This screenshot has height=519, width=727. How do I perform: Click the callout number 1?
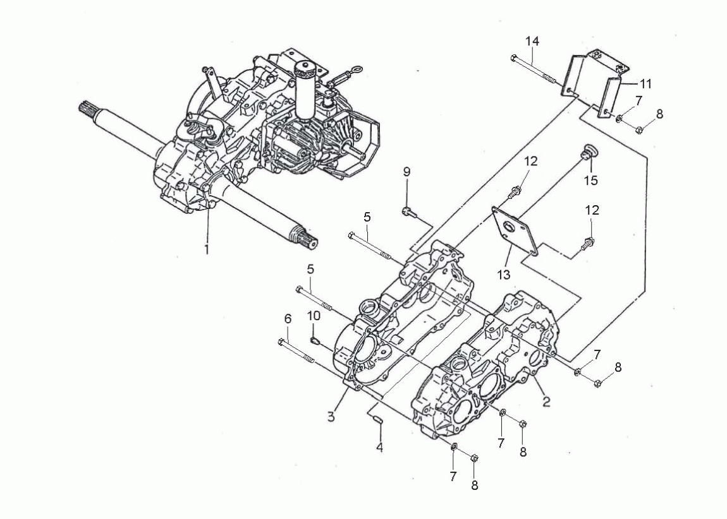[x=207, y=249]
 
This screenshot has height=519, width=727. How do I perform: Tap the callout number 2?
[x=546, y=402]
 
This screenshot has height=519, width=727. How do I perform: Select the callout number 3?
[x=331, y=417]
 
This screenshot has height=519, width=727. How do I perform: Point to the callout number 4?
[x=380, y=448]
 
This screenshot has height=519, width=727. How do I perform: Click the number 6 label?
[x=288, y=318]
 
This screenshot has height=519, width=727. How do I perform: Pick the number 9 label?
[x=406, y=172]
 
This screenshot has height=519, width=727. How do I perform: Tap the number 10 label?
[x=314, y=316]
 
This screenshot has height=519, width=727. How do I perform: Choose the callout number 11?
[x=645, y=84]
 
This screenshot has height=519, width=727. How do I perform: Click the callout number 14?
[x=532, y=41]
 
